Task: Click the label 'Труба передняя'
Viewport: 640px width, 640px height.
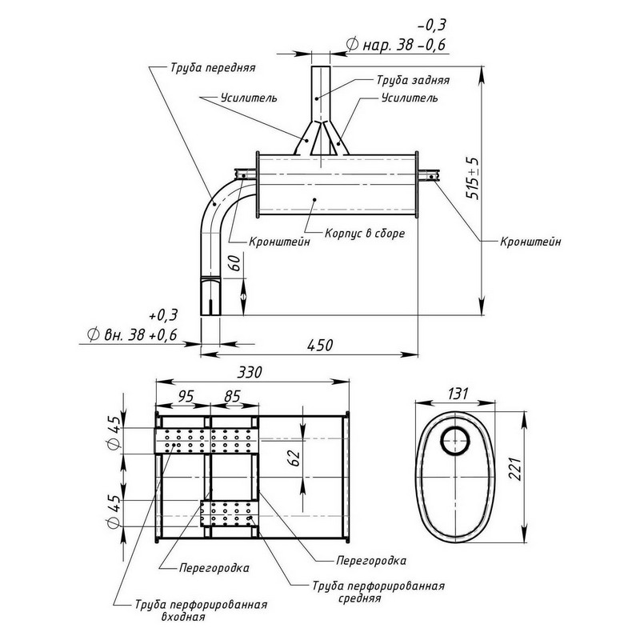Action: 212,68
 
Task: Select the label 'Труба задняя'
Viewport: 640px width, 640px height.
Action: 412,81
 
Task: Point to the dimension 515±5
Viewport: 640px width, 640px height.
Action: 474,178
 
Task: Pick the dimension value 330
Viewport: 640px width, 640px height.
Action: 252,373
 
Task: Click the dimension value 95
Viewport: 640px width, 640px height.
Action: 185,396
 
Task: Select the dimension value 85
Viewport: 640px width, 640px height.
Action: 232,396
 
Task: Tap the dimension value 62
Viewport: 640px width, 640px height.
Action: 293,458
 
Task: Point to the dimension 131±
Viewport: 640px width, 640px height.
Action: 457,394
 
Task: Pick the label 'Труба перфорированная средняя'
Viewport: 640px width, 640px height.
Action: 377,590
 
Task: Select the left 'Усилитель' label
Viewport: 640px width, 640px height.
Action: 249,98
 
